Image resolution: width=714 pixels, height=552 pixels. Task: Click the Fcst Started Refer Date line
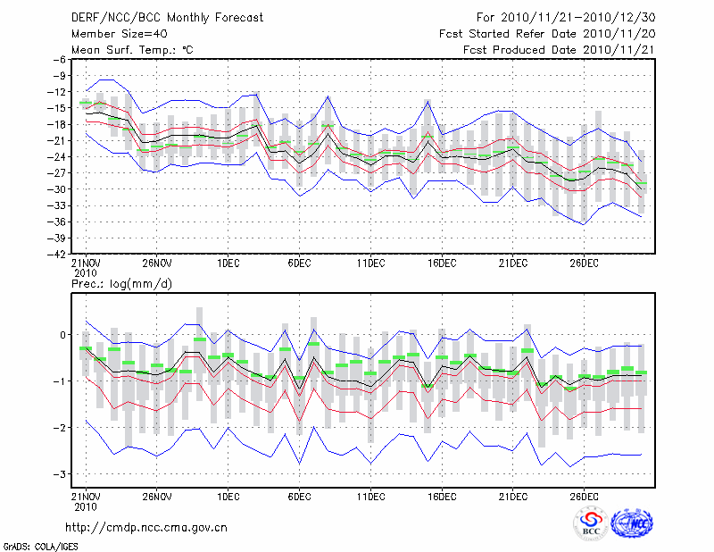coord(547,33)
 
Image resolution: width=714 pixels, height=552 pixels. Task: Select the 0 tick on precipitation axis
coord(63,335)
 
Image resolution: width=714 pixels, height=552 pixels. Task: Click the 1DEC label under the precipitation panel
coord(228,496)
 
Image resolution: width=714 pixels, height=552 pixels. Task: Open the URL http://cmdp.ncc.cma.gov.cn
coord(146,528)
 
